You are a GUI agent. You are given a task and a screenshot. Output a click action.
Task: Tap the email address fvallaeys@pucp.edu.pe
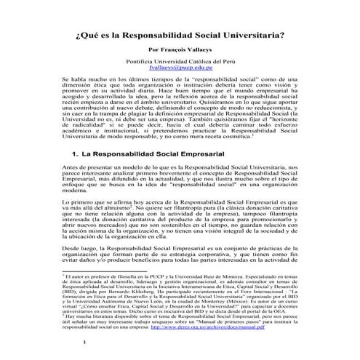coord(180,71)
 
